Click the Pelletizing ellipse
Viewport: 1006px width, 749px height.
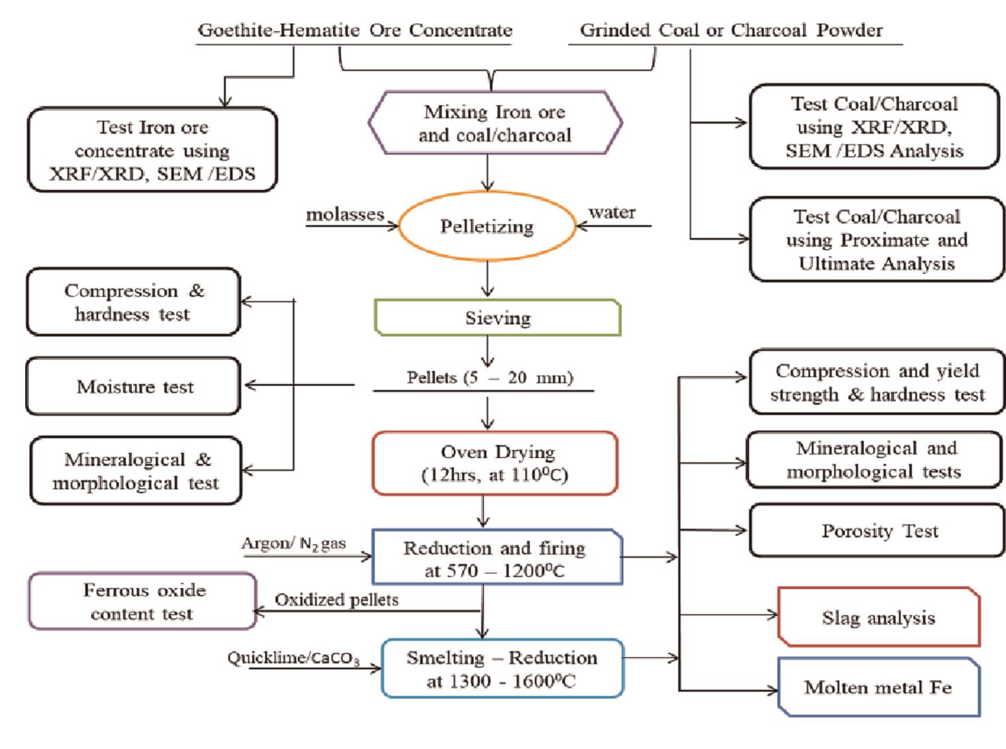(488, 226)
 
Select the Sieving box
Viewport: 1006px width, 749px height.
(498, 317)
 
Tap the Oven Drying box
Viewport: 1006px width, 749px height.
(495, 463)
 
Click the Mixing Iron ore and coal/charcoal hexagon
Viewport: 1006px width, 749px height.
(495, 124)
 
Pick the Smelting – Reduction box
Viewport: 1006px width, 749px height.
(502, 669)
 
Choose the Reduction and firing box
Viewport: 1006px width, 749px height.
(496, 558)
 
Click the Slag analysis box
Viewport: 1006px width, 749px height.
(879, 618)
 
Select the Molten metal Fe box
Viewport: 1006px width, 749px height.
(879, 687)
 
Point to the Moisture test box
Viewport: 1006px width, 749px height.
(135, 386)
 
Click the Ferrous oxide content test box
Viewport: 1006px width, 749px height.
(143, 602)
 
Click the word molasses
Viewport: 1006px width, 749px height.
(345, 214)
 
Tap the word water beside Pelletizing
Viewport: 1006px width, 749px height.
(612, 212)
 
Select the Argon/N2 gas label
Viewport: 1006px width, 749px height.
(294, 543)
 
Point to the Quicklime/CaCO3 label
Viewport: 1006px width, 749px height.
(293, 658)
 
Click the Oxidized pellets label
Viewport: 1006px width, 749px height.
(336, 600)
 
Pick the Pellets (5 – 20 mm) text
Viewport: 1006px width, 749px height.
(490, 378)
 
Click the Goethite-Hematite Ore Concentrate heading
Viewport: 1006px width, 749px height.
(355, 31)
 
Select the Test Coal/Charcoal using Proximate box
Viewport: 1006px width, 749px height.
(876, 240)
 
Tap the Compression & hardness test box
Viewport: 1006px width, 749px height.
(133, 302)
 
